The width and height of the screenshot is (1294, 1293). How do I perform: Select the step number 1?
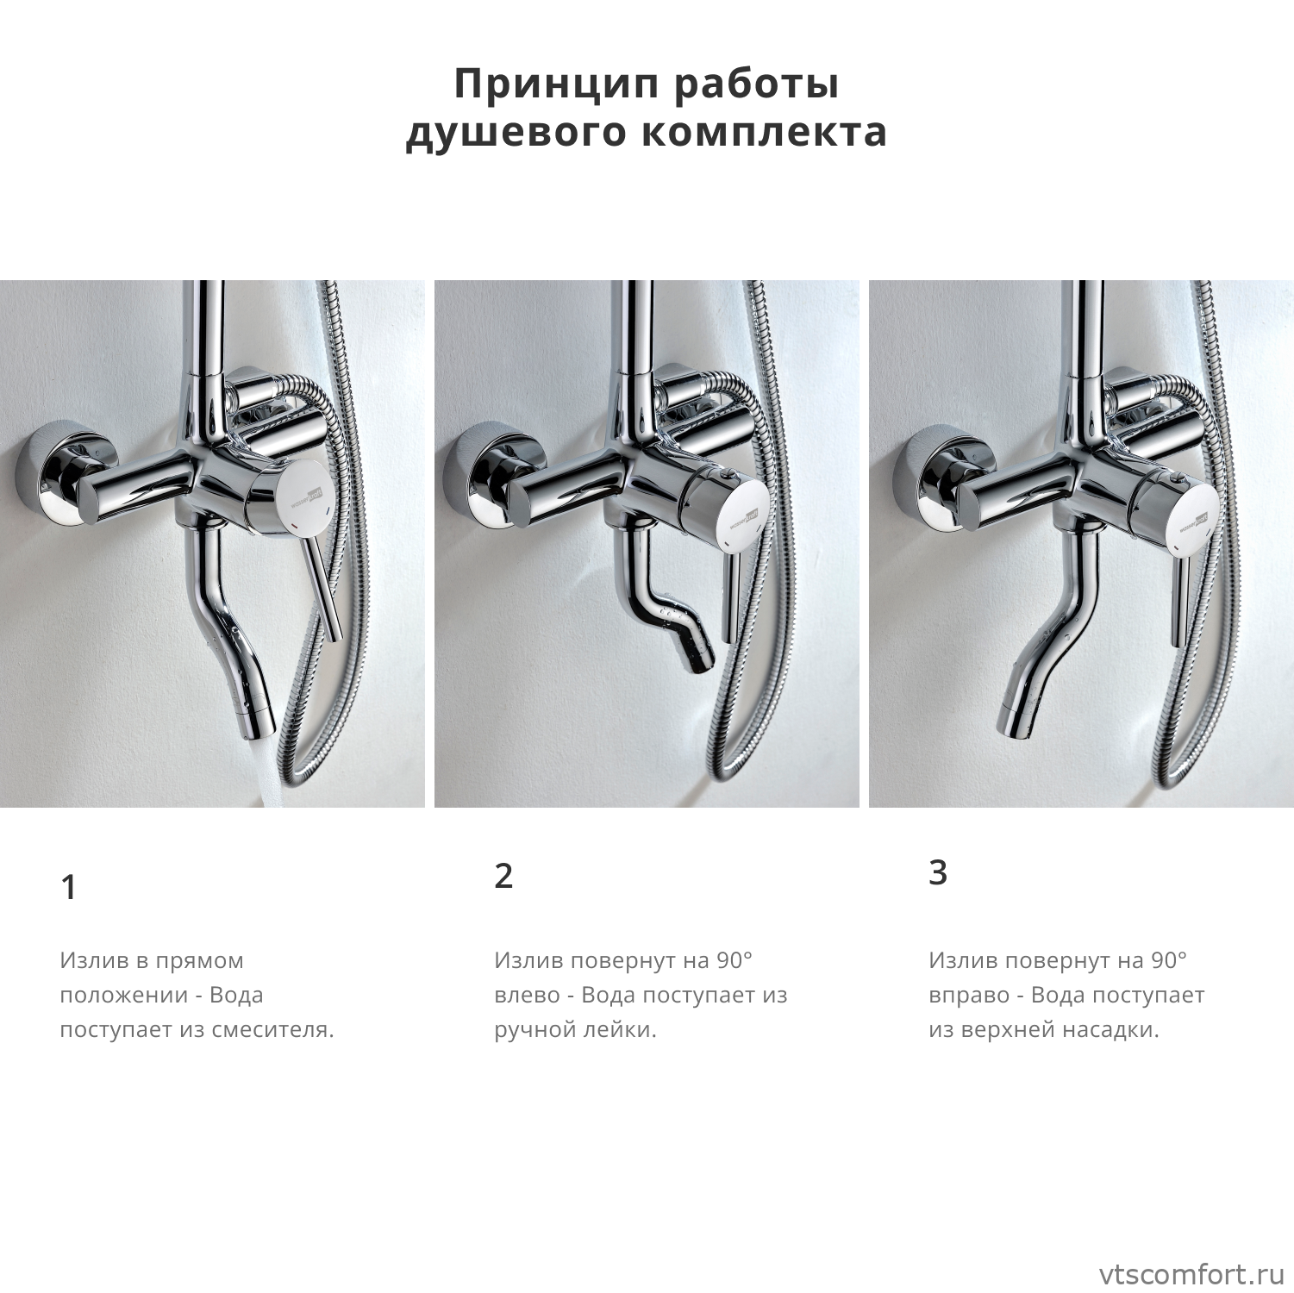point(69,887)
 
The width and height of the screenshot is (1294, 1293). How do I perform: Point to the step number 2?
point(503,876)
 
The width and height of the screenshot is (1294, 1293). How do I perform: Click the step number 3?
point(938,872)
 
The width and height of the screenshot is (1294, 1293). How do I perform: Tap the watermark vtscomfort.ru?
point(1191,1274)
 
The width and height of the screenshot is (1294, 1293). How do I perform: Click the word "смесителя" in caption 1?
point(276,1029)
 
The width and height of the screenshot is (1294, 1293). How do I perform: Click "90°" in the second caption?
point(735,959)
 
